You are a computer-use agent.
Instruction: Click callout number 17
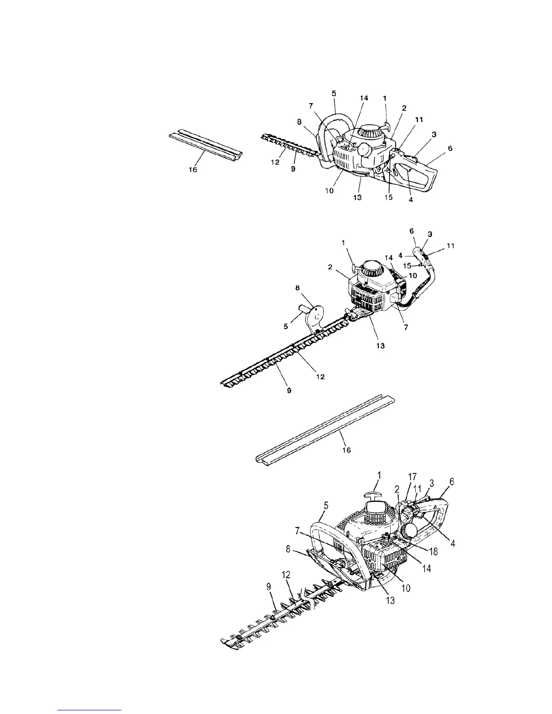412,476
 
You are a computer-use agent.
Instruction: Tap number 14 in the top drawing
364,98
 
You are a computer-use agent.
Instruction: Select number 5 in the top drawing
334,93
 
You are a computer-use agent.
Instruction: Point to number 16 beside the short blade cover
193,170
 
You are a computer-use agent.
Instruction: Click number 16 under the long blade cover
347,450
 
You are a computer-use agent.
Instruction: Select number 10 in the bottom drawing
406,588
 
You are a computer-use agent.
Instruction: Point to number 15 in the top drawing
389,197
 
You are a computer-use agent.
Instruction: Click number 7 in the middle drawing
406,328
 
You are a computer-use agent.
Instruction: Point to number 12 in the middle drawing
320,376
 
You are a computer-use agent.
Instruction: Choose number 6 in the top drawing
450,148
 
